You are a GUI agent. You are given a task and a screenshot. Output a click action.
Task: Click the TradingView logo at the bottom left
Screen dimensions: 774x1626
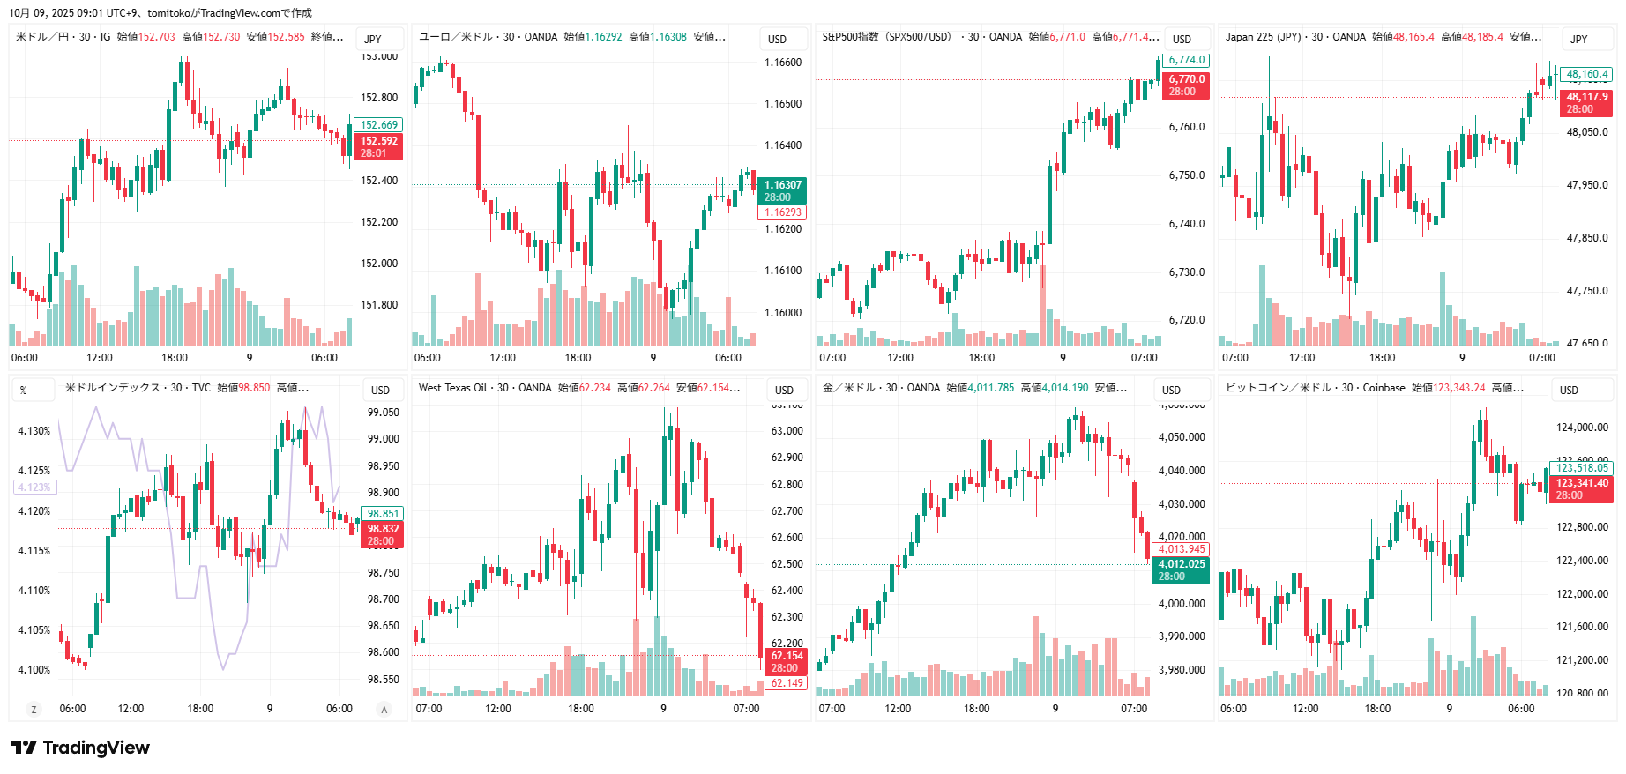pyautogui.click(x=80, y=748)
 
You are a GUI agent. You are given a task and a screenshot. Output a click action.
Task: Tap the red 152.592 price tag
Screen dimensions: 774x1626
pyautogui.click(x=379, y=146)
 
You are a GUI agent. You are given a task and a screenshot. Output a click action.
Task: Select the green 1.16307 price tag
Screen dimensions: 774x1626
pyautogui.click(x=782, y=190)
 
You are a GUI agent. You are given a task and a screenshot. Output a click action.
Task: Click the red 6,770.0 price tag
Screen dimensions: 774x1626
pyautogui.click(x=1187, y=85)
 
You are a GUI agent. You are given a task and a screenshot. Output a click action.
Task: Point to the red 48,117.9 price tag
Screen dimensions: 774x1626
pyautogui.click(x=1586, y=102)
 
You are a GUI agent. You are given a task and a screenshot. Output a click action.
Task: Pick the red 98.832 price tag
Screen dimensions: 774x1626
pyautogui.click(x=383, y=534)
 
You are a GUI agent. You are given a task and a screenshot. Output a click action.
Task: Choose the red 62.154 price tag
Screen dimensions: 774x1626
pyautogui.click(x=787, y=661)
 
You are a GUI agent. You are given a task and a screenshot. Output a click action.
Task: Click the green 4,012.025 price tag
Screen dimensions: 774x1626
pyautogui.click(x=1181, y=569)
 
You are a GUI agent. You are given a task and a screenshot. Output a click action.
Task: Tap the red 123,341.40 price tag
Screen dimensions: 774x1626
pyautogui.click(x=1581, y=488)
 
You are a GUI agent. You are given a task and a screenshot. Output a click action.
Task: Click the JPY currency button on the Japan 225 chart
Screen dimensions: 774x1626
pyautogui.click(x=1579, y=39)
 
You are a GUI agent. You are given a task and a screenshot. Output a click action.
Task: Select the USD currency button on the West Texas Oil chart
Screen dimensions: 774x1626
pyautogui.click(x=784, y=390)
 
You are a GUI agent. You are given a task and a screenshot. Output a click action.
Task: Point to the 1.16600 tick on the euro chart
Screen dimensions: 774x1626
pyautogui.click(x=783, y=63)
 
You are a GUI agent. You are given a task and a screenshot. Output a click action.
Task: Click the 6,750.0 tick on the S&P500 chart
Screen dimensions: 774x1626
pyautogui.click(x=1187, y=175)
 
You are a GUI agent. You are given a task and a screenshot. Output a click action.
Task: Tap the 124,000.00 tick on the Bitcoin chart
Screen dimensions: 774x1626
pyautogui.click(x=1582, y=428)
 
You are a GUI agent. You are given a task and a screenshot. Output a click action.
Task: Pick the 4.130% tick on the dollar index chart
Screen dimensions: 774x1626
pyautogui.click(x=34, y=431)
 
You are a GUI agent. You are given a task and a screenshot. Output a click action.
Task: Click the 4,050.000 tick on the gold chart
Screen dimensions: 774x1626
pyautogui.click(x=1182, y=437)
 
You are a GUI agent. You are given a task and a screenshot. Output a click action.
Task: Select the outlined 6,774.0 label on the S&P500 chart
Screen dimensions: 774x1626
pyautogui.click(x=1187, y=60)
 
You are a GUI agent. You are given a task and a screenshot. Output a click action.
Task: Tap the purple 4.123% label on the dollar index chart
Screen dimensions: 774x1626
pyautogui.click(x=34, y=487)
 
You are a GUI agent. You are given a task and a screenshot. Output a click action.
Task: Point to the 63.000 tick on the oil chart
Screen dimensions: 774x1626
pyautogui.click(x=787, y=431)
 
